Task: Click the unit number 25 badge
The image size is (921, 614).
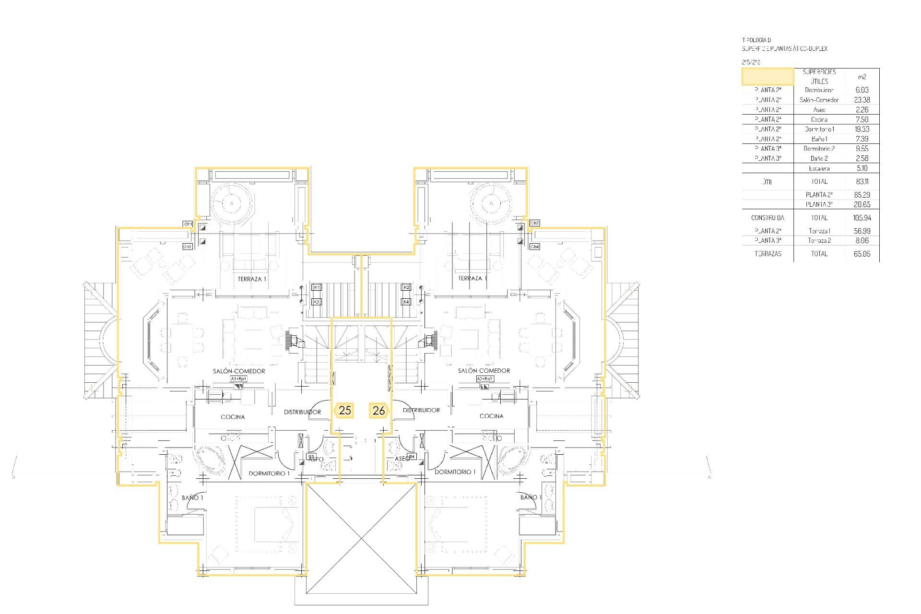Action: tap(344, 411)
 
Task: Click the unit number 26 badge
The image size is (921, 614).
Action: tap(378, 411)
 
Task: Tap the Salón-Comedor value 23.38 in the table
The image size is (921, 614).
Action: tap(862, 100)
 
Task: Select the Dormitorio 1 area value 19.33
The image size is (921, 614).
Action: tap(862, 129)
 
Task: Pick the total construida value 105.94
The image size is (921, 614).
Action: tap(862, 218)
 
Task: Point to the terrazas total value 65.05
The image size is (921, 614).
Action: tap(862, 254)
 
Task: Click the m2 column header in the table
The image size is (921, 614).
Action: tap(862, 77)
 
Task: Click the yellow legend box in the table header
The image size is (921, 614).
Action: tap(767, 77)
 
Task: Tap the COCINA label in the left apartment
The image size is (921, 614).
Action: tap(233, 417)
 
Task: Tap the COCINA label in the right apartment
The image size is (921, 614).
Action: tap(491, 416)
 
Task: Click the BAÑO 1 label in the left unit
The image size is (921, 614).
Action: tap(192, 498)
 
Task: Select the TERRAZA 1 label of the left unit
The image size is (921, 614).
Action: tap(252, 279)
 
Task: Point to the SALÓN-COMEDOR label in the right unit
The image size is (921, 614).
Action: tap(484, 371)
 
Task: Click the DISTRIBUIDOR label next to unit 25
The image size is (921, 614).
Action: tap(302, 412)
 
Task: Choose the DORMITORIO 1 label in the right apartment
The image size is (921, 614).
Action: tap(455, 472)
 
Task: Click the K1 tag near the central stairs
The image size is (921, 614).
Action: tap(316, 287)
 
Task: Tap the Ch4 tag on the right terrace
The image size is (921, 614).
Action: tap(535, 247)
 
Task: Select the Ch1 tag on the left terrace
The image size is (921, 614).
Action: tap(188, 224)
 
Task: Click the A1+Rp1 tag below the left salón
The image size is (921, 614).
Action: tap(238, 379)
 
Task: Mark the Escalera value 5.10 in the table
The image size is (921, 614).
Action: tap(862, 168)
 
